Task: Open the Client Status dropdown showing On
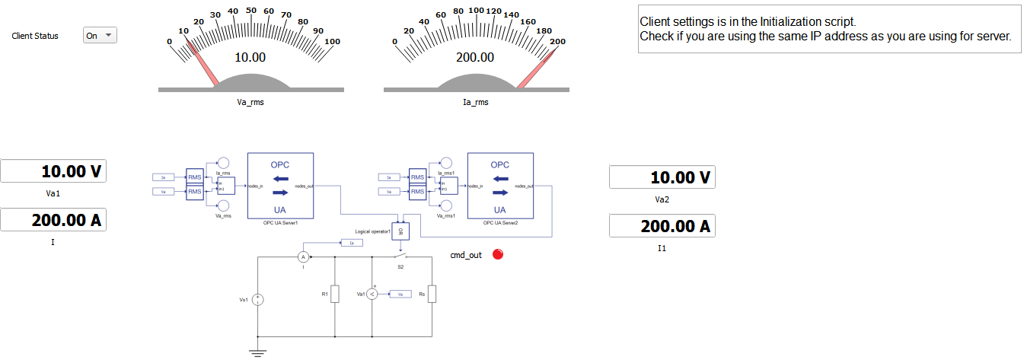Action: tap(100, 36)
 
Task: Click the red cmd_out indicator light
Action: tap(498, 255)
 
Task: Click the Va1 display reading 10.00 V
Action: tap(53, 171)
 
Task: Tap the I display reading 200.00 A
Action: tap(53, 220)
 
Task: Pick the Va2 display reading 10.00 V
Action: tap(662, 177)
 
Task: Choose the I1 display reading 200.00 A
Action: tap(662, 226)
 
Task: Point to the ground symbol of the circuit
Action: tap(259, 351)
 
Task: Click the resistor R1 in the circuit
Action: tap(334, 294)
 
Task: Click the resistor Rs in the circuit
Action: tap(432, 294)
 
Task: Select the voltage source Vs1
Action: tap(259, 300)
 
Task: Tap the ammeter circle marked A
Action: tap(301, 257)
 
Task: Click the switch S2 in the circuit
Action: tap(400, 257)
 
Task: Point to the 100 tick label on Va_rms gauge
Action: tap(332, 41)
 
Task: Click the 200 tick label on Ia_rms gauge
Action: tap(557, 41)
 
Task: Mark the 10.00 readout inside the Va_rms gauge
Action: tap(250, 57)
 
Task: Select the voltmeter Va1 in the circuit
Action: tap(372, 294)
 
